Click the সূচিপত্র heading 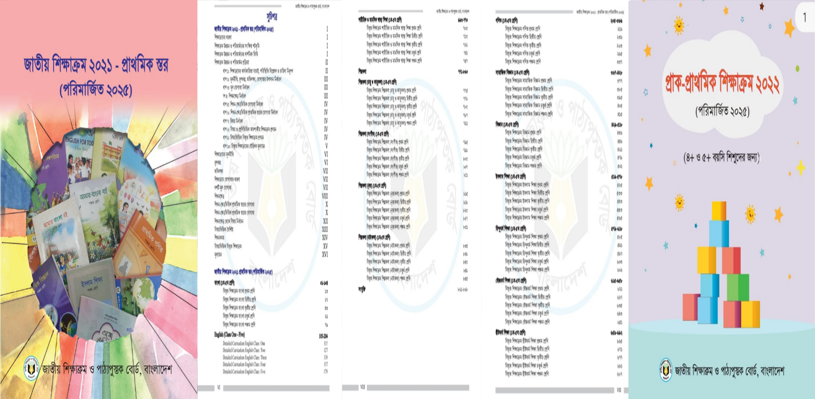pos(272,17)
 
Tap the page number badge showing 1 pos(804,17)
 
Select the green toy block pos(738,287)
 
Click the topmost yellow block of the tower pos(719,211)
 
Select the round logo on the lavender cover pos(666,369)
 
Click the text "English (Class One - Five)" pos(229,335)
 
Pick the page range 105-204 pos(323,336)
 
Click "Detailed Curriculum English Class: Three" pos(245,357)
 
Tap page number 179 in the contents pos(325,372)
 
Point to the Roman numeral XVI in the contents pos(325,255)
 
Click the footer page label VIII pos(362,387)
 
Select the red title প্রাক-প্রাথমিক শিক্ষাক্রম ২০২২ pos(722,84)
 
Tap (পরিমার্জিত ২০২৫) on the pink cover pos(96,90)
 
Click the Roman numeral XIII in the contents pos(325,229)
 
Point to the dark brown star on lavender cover pos(761,6)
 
